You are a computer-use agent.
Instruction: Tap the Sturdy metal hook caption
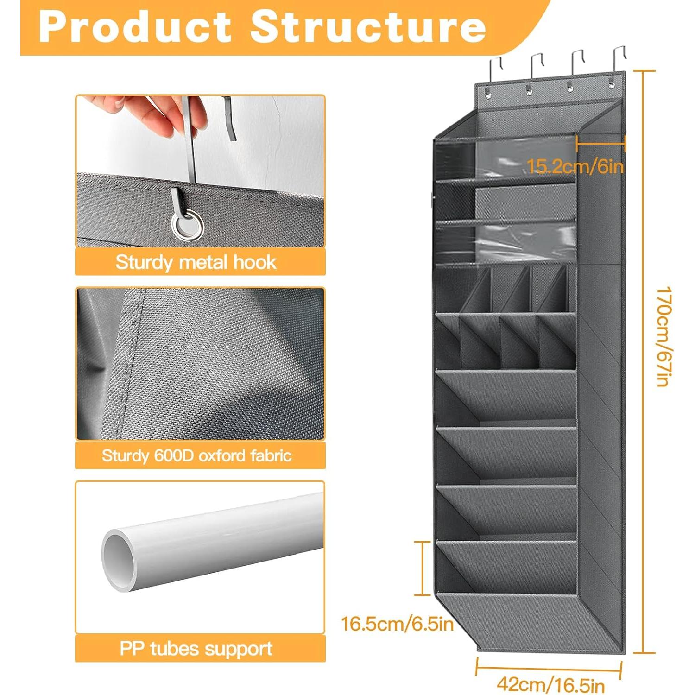[x=196, y=262]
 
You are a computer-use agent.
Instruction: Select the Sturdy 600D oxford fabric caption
[x=196, y=456]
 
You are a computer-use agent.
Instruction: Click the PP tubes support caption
[x=196, y=649]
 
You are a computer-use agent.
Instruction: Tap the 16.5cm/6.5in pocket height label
[x=397, y=624]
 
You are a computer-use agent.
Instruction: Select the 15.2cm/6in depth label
[x=575, y=166]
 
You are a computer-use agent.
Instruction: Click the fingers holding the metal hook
[x=153, y=114]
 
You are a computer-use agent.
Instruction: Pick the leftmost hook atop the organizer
[x=495, y=69]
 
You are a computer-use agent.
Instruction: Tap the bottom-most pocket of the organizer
[x=507, y=568]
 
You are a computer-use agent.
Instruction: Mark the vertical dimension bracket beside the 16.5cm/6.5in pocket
[x=422, y=568]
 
